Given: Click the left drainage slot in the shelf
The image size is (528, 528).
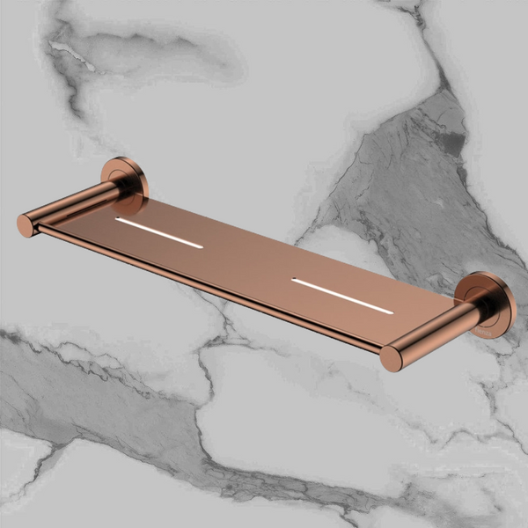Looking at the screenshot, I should tap(159, 233).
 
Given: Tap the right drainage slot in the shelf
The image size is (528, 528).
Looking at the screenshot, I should tap(342, 296).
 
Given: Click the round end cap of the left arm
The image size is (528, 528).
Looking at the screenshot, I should tap(26, 225).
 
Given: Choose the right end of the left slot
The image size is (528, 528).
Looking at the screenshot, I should tap(200, 246).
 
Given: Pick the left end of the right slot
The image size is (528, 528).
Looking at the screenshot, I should tap(295, 282).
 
